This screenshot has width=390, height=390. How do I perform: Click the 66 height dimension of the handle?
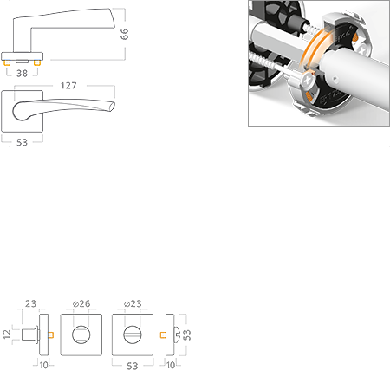tap(124, 34)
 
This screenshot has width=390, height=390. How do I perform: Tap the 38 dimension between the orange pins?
tap(23, 73)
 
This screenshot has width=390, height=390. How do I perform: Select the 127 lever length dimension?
tap(68, 86)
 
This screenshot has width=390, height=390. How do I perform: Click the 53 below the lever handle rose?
tap(22, 142)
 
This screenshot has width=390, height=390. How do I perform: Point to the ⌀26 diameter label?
tap(81, 303)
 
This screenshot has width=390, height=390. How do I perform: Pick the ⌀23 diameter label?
tap(133, 303)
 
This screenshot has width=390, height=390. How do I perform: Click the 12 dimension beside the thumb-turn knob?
tap(7, 335)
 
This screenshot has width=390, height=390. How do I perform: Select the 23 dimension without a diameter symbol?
tap(30, 303)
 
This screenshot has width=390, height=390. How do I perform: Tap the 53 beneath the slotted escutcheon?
tap(133, 366)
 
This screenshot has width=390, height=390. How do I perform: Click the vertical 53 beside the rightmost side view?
tap(187, 335)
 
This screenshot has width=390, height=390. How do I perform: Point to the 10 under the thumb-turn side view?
tap(44, 365)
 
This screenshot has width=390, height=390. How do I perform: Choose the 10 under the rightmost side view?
tap(171, 365)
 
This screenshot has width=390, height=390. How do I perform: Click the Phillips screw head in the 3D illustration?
tap(309, 80)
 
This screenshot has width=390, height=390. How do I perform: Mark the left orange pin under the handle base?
tap(7, 62)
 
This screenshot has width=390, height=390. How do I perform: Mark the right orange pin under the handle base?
tap(36, 62)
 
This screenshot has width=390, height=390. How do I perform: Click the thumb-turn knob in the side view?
tap(30, 335)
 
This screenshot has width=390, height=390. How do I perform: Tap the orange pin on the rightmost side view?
tap(163, 335)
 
